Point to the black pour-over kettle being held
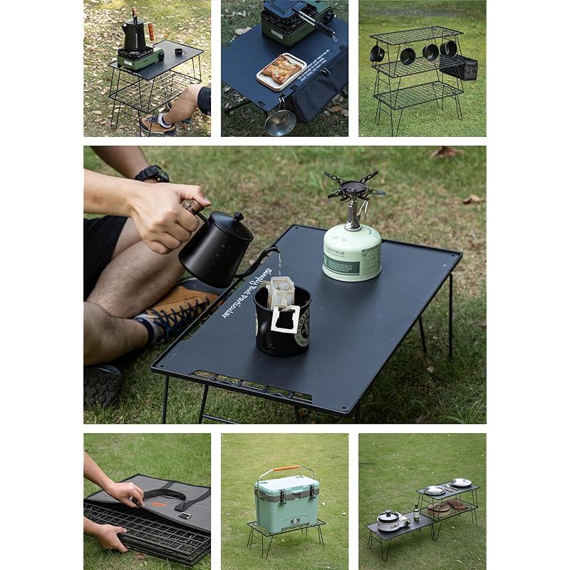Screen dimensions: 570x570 pos(214,249)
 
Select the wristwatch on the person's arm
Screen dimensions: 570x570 pos(152,173)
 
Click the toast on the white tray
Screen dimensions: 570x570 pos(281,70)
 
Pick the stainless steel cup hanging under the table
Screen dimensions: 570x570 pos(280,123)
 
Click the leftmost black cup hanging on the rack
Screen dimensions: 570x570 pos(377,53)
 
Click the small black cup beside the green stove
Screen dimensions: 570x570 pos(178,51)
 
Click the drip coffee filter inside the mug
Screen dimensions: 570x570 pos(281,291)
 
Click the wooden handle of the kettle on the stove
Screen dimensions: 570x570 pos(150,31)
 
